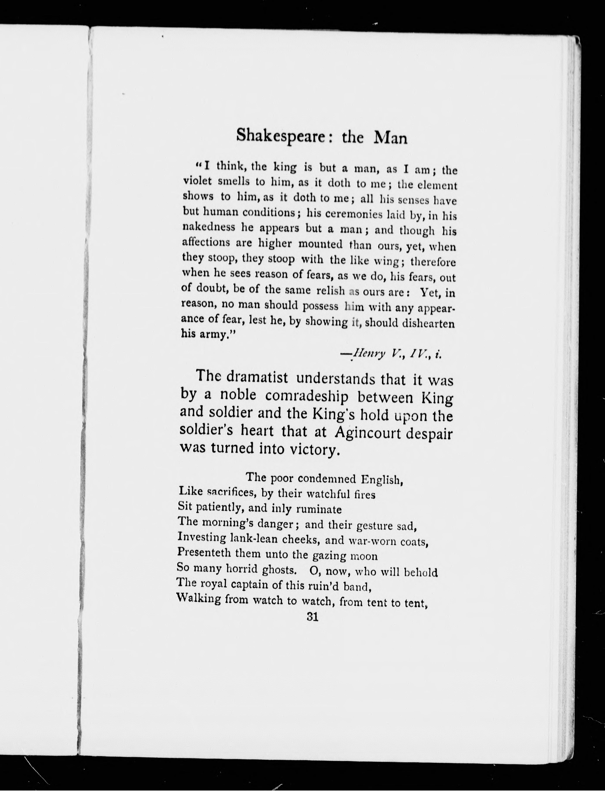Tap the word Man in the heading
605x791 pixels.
point(390,138)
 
